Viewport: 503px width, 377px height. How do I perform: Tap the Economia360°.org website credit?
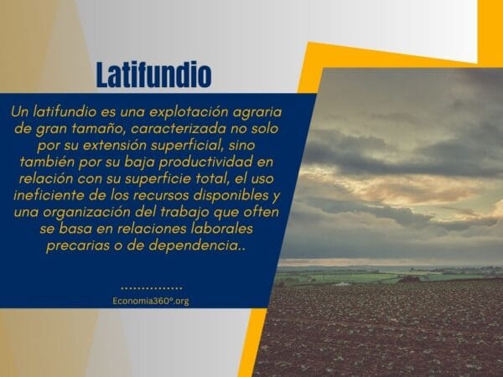pos(151,301)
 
